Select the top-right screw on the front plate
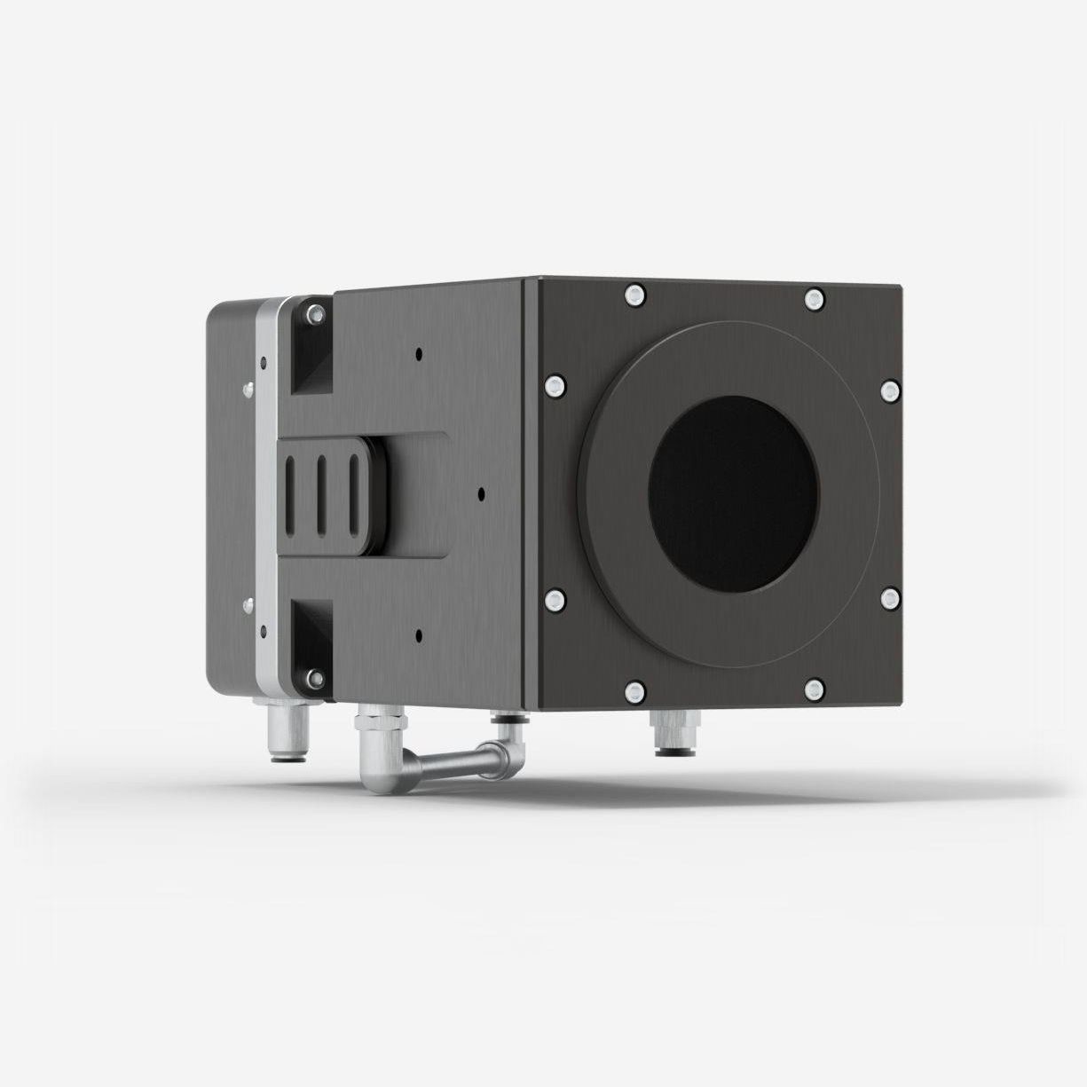coord(814,297)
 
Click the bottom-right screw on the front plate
coord(814,688)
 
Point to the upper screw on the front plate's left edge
coord(554,384)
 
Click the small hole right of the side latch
coord(481,491)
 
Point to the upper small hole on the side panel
coord(418,354)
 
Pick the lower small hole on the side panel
coord(418,634)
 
